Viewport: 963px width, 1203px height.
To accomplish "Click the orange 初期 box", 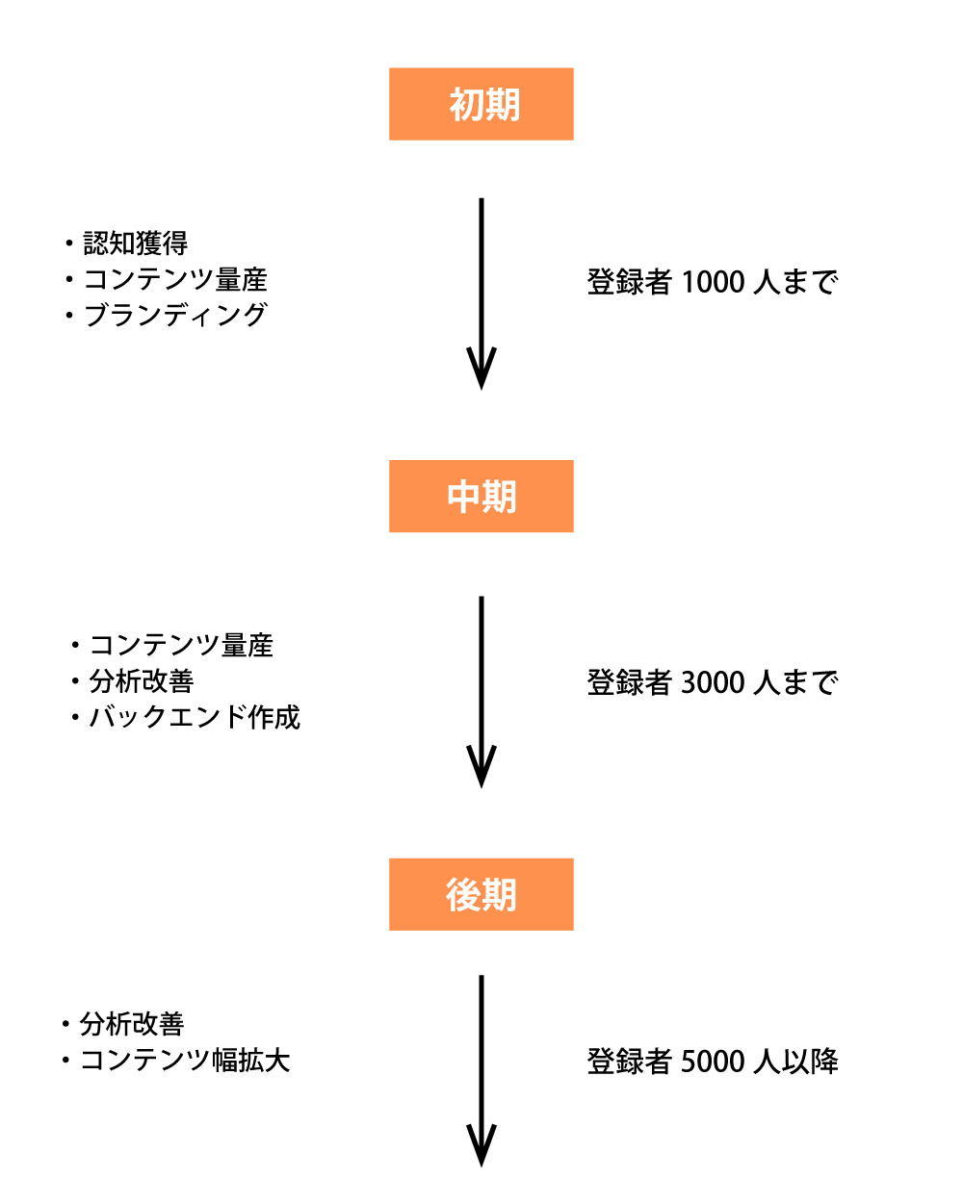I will (481, 104).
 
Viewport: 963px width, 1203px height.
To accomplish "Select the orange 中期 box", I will (481, 497).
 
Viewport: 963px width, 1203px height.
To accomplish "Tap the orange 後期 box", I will (481, 895).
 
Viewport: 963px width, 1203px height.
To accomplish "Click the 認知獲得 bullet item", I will (135, 243).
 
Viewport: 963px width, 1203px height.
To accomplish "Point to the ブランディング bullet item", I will (174, 315).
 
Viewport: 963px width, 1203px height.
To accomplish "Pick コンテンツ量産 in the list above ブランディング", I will (174, 279).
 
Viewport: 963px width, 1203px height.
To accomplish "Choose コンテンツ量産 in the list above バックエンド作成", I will (181, 645).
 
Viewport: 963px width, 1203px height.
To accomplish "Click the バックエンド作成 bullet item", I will (194, 717).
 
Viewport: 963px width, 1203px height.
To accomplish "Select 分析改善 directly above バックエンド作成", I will (141, 681).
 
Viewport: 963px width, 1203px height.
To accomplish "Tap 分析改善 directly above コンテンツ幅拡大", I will (131, 1024).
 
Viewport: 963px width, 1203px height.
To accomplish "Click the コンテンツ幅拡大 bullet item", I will (184, 1061).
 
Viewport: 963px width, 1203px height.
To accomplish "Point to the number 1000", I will (713, 283).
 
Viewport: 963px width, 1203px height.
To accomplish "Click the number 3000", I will (713, 683).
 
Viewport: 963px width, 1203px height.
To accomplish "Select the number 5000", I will (713, 1062).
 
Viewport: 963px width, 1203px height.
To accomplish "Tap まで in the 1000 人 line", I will (810, 283).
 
